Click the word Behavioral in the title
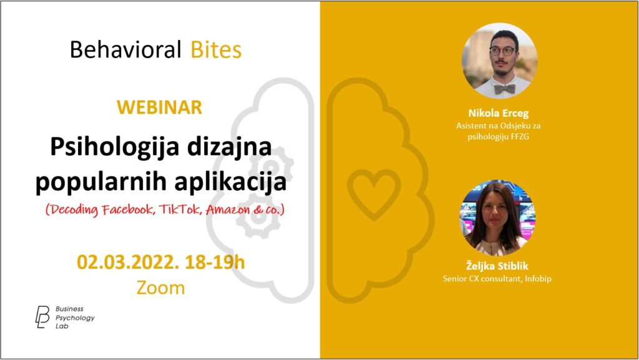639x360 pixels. (x=125, y=50)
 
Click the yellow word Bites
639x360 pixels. (x=216, y=50)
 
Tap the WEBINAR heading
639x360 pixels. (x=159, y=107)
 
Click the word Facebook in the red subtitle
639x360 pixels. (x=128, y=209)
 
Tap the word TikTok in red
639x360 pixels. (x=180, y=209)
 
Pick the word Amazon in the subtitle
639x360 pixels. (x=228, y=209)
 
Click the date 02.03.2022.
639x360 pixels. (x=128, y=262)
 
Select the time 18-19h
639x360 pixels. (x=215, y=262)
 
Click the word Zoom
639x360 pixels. (x=160, y=288)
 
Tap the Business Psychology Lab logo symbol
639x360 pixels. (x=42, y=317)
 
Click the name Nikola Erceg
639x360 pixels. (x=499, y=113)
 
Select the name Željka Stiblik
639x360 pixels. (x=497, y=266)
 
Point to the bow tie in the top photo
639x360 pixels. (x=504, y=89)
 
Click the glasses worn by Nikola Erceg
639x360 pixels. (x=503, y=51)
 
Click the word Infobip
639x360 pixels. (x=538, y=279)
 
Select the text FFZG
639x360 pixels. (x=520, y=137)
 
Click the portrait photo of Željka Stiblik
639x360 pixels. (x=497, y=218)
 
